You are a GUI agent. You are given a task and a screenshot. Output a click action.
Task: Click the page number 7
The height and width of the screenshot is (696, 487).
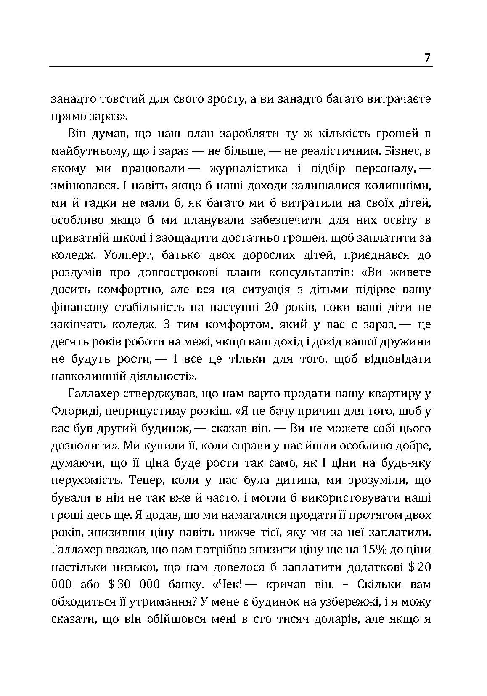(x=427, y=58)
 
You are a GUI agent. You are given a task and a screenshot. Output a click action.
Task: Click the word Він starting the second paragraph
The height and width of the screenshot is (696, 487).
(x=77, y=134)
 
